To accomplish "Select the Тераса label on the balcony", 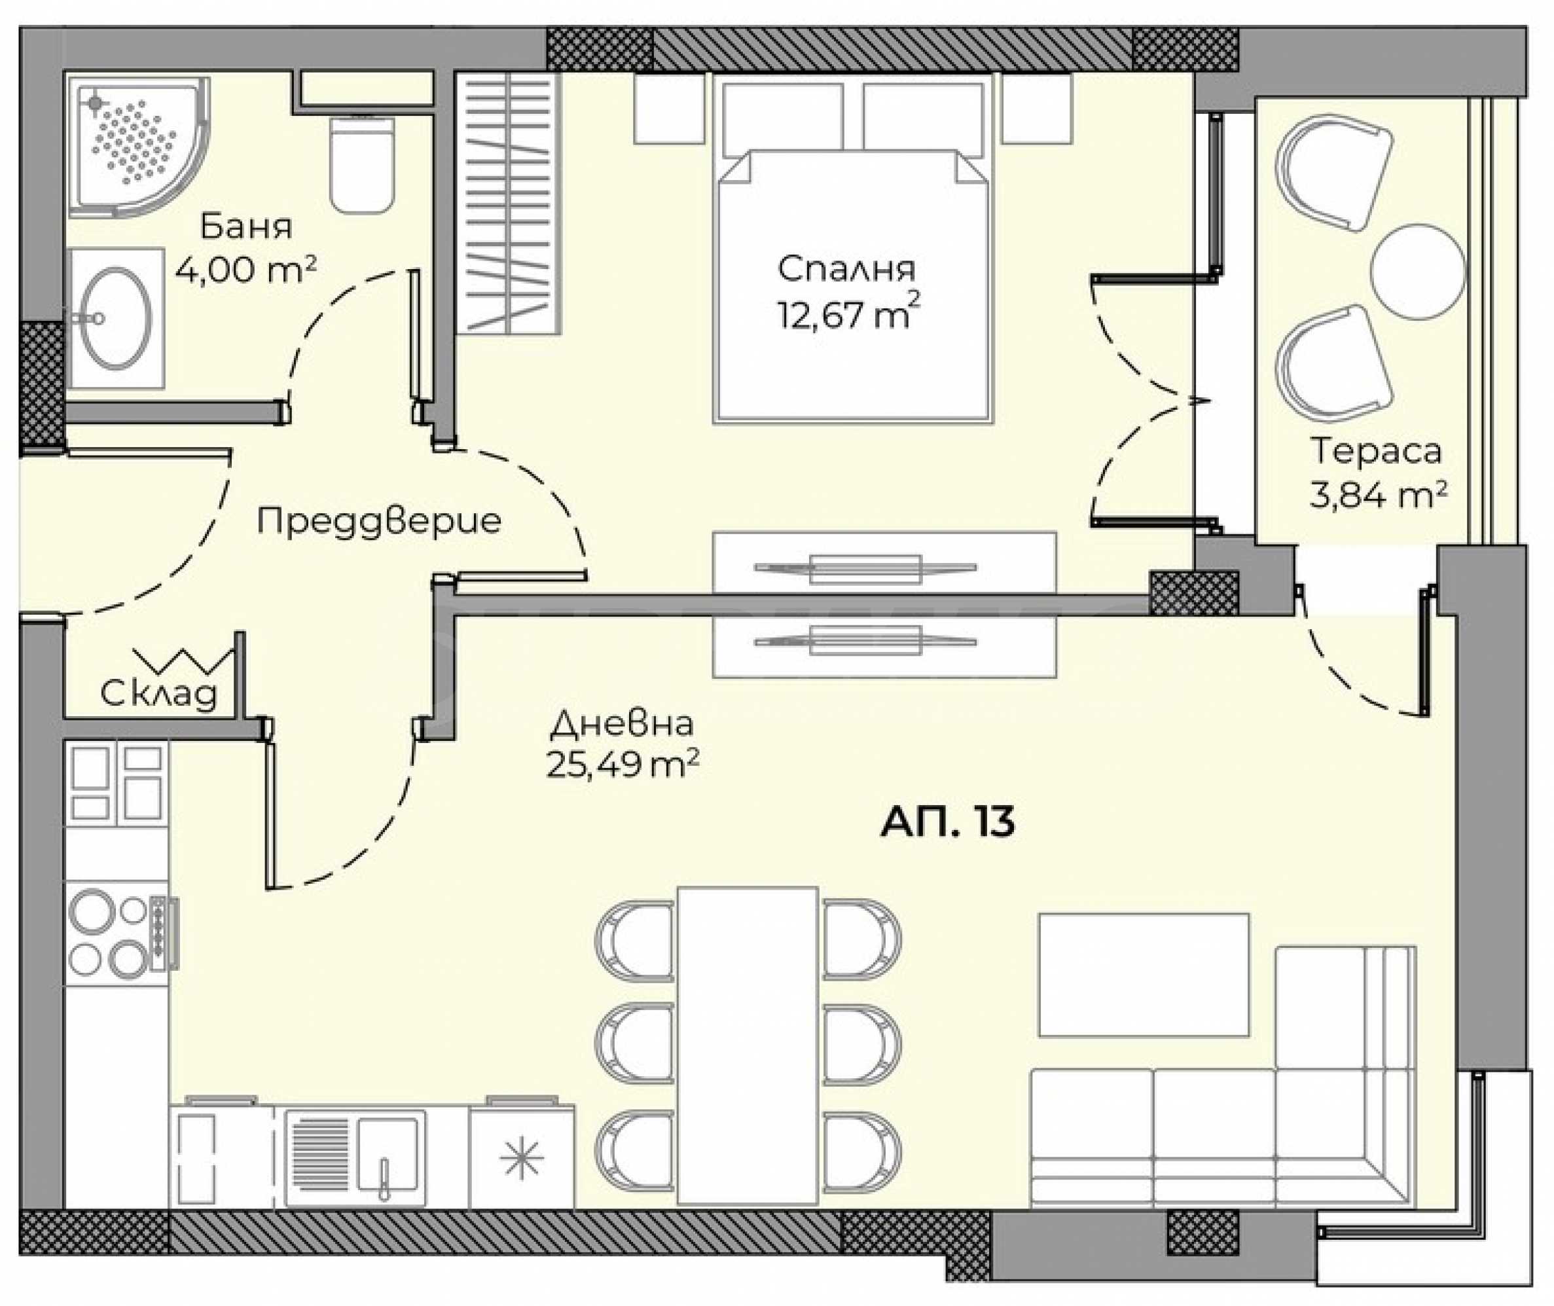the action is pos(1377,451).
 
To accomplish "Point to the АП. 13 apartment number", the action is pos(947,822).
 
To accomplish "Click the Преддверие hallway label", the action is pos(379,521).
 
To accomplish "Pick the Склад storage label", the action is pos(158,694).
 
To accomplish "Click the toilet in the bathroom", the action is pos(361,164).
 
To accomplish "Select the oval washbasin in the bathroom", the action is pos(115,317).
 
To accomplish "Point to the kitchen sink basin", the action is pos(388,1157).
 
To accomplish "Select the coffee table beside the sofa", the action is pos(1143,975).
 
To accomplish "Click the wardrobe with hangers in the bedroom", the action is pos(508,203).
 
